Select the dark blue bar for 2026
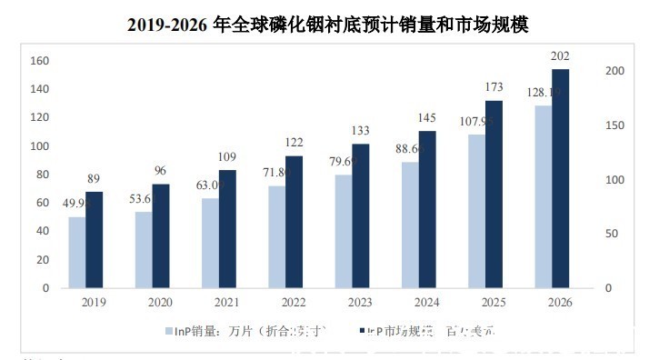click(x=561, y=178)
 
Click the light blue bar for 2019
click(x=77, y=252)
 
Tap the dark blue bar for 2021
click(x=228, y=228)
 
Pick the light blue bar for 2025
click(x=476, y=211)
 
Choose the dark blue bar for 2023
click(x=361, y=215)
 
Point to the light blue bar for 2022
click(x=276, y=236)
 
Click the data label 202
click(x=561, y=57)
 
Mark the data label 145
click(x=427, y=118)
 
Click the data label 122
click(x=295, y=143)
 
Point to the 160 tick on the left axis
click(x=39, y=61)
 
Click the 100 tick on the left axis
click(x=39, y=146)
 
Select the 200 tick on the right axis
click(x=615, y=71)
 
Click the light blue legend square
click(x=168, y=330)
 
